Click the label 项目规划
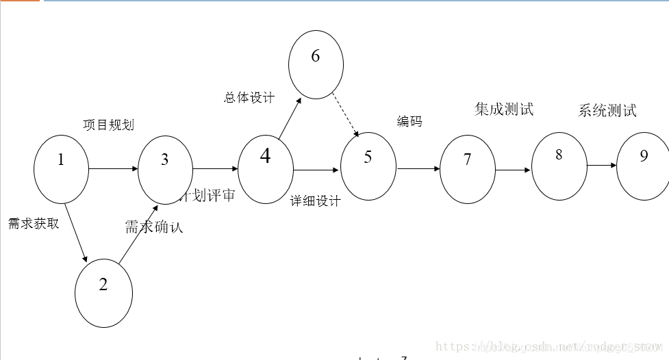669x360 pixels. [x=108, y=125]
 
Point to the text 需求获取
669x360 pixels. [x=34, y=224]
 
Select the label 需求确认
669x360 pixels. [x=154, y=227]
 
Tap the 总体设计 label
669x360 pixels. [x=249, y=97]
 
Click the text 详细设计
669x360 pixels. [x=315, y=201]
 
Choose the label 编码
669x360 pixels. [x=409, y=121]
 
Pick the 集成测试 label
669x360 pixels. [x=504, y=109]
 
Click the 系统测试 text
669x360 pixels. [x=607, y=110]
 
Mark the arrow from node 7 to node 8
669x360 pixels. [x=514, y=169]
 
